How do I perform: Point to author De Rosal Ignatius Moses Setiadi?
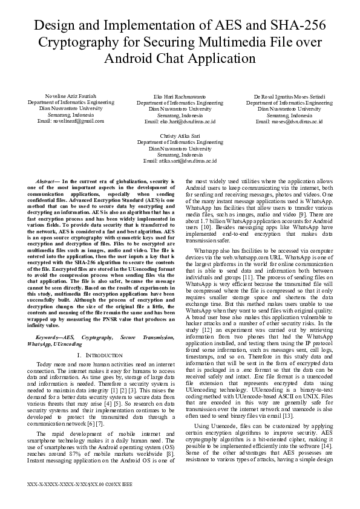(289, 97)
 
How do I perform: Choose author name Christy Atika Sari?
(180, 137)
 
